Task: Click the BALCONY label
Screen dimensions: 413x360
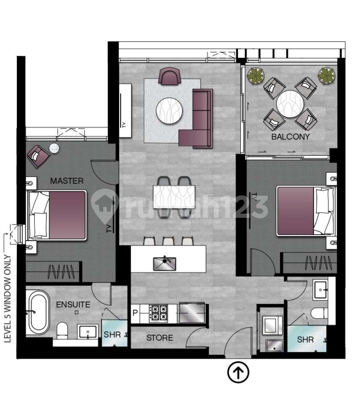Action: pyautogui.click(x=290, y=137)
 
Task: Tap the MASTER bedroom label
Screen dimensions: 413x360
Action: pyautogui.click(x=67, y=181)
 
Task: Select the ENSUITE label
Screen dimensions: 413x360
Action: pyautogui.click(x=73, y=304)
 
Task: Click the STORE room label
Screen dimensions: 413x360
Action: pyautogui.click(x=160, y=338)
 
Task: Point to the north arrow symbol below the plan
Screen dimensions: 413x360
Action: pyautogui.click(x=238, y=373)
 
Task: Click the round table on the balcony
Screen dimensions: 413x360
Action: pyautogui.click(x=290, y=103)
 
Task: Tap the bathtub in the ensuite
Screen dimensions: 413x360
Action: pyautogui.click(x=38, y=312)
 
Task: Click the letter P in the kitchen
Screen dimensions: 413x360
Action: pyautogui.click(x=135, y=313)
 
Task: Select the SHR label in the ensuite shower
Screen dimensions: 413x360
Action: pyautogui.click(x=112, y=335)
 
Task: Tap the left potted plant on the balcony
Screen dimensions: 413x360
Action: pyautogui.click(x=255, y=75)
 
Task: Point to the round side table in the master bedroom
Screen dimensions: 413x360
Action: pyautogui.click(x=54, y=148)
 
